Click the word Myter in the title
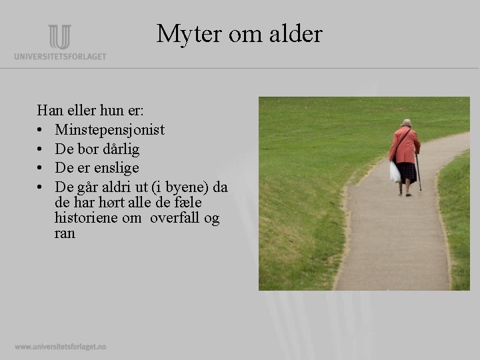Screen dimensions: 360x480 (183, 33)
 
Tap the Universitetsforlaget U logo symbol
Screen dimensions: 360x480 (59, 37)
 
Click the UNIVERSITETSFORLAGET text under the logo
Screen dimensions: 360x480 (60, 57)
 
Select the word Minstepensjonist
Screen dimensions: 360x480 (110, 129)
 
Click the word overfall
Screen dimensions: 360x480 (175, 218)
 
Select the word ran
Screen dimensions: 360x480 (65, 233)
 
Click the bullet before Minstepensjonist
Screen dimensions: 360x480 (41, 130)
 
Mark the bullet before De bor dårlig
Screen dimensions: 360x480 (41, 149)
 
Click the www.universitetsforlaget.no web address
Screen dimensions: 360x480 (60, 347)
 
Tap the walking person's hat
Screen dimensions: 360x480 (406, 123)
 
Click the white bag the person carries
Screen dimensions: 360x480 (395, 172)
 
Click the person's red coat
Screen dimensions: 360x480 (405, 145)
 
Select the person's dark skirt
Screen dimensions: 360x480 (405, 172)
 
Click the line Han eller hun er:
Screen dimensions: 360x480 (86, 110)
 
